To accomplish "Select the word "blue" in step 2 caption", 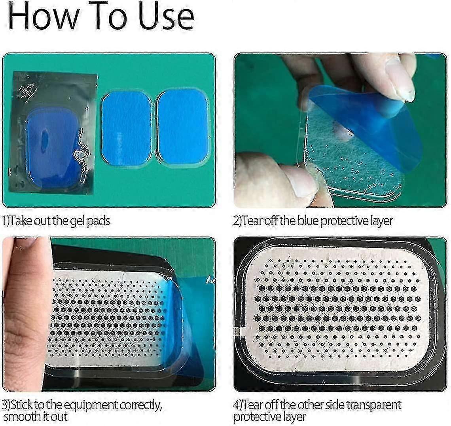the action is click(x=308, y=221).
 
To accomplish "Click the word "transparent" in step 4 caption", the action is click(x=373, y=405).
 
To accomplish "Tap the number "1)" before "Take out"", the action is click(x=6, y=221).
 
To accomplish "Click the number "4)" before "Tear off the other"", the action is click(x=238, y=405).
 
